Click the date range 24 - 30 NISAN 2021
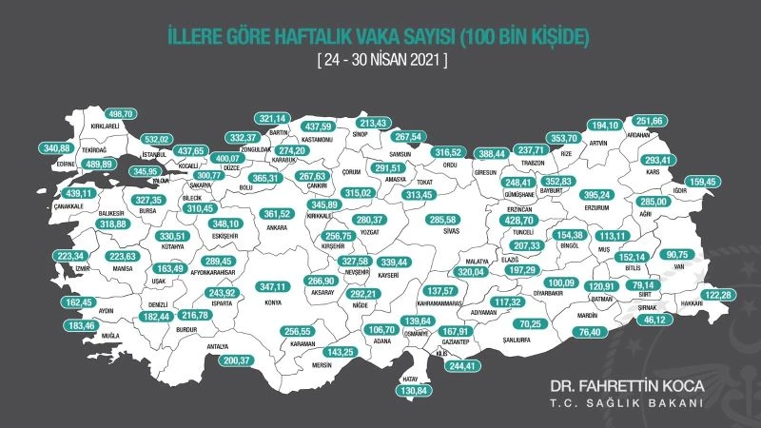click(x=380, y=60)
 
